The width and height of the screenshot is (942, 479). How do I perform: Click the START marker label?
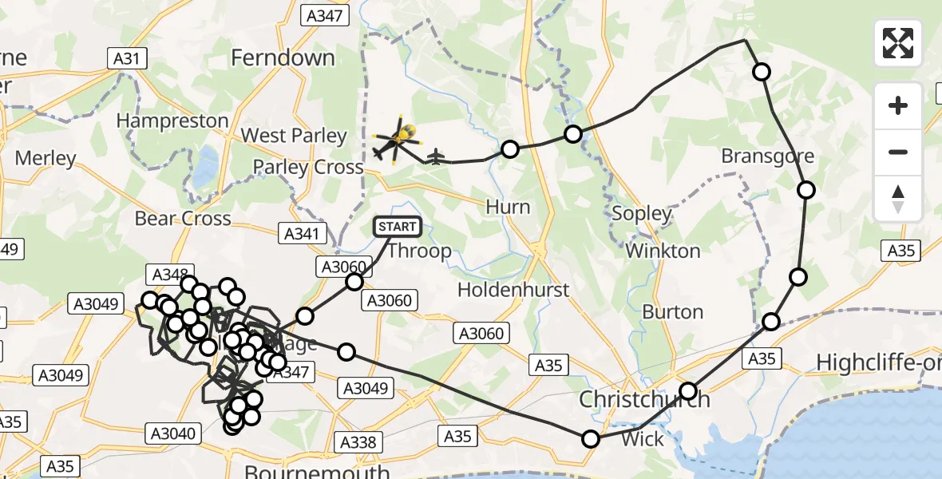click(397, 227)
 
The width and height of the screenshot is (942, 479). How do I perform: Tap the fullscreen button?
click(898, 43)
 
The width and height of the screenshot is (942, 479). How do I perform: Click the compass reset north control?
click(898, 199)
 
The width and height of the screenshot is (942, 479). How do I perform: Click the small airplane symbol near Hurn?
click(435, 156)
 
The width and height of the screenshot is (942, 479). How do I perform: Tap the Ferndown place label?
click(283, 57)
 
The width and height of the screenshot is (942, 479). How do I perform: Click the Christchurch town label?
click(644, 399)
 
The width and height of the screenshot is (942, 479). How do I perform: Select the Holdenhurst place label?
click(513, 289)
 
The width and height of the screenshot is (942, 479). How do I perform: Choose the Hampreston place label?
click(172, 121)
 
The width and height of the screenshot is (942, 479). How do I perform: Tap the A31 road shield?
click(126, 57)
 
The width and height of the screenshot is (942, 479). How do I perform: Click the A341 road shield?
click(304, 234)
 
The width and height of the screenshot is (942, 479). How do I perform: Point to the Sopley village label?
click(642, 213)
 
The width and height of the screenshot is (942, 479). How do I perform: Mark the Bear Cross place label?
click(183, 218)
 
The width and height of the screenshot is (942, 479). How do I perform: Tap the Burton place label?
click(673, 311)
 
